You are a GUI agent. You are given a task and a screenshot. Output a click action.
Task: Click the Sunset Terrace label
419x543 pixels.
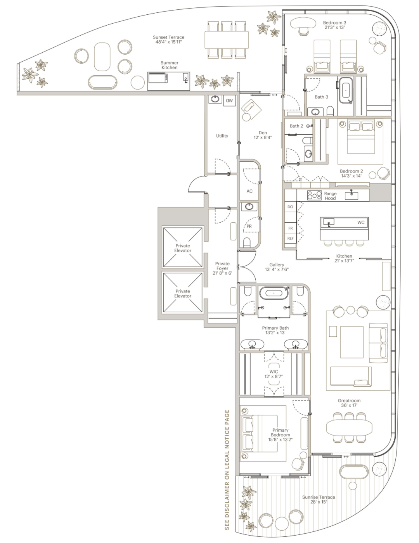169,37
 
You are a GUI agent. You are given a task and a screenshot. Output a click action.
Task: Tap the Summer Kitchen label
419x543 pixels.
170,65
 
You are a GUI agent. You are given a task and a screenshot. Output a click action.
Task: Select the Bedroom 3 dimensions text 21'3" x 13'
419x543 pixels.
334,27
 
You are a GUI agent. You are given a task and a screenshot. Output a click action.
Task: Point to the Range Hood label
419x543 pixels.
330,195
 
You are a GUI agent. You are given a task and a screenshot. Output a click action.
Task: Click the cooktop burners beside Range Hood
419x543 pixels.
314,195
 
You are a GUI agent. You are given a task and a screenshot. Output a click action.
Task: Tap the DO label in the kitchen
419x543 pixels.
290,207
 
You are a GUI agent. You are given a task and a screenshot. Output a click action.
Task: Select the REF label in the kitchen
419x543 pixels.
290,239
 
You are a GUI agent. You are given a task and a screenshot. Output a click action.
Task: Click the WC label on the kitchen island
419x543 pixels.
361,222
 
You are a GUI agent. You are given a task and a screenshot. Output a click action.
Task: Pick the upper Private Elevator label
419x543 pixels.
183,248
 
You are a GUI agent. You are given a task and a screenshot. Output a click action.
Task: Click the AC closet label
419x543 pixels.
249,191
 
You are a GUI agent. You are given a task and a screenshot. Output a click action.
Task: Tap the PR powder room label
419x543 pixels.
249,226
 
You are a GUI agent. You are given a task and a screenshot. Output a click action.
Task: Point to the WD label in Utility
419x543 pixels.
229,100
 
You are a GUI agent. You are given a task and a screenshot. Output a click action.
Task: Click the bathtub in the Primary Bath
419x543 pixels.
274,293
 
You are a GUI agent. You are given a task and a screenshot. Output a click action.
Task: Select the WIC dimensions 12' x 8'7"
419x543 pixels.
274,376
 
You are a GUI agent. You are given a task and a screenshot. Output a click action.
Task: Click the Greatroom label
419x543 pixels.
349,400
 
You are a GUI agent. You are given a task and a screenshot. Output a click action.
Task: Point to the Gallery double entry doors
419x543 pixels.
247,267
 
